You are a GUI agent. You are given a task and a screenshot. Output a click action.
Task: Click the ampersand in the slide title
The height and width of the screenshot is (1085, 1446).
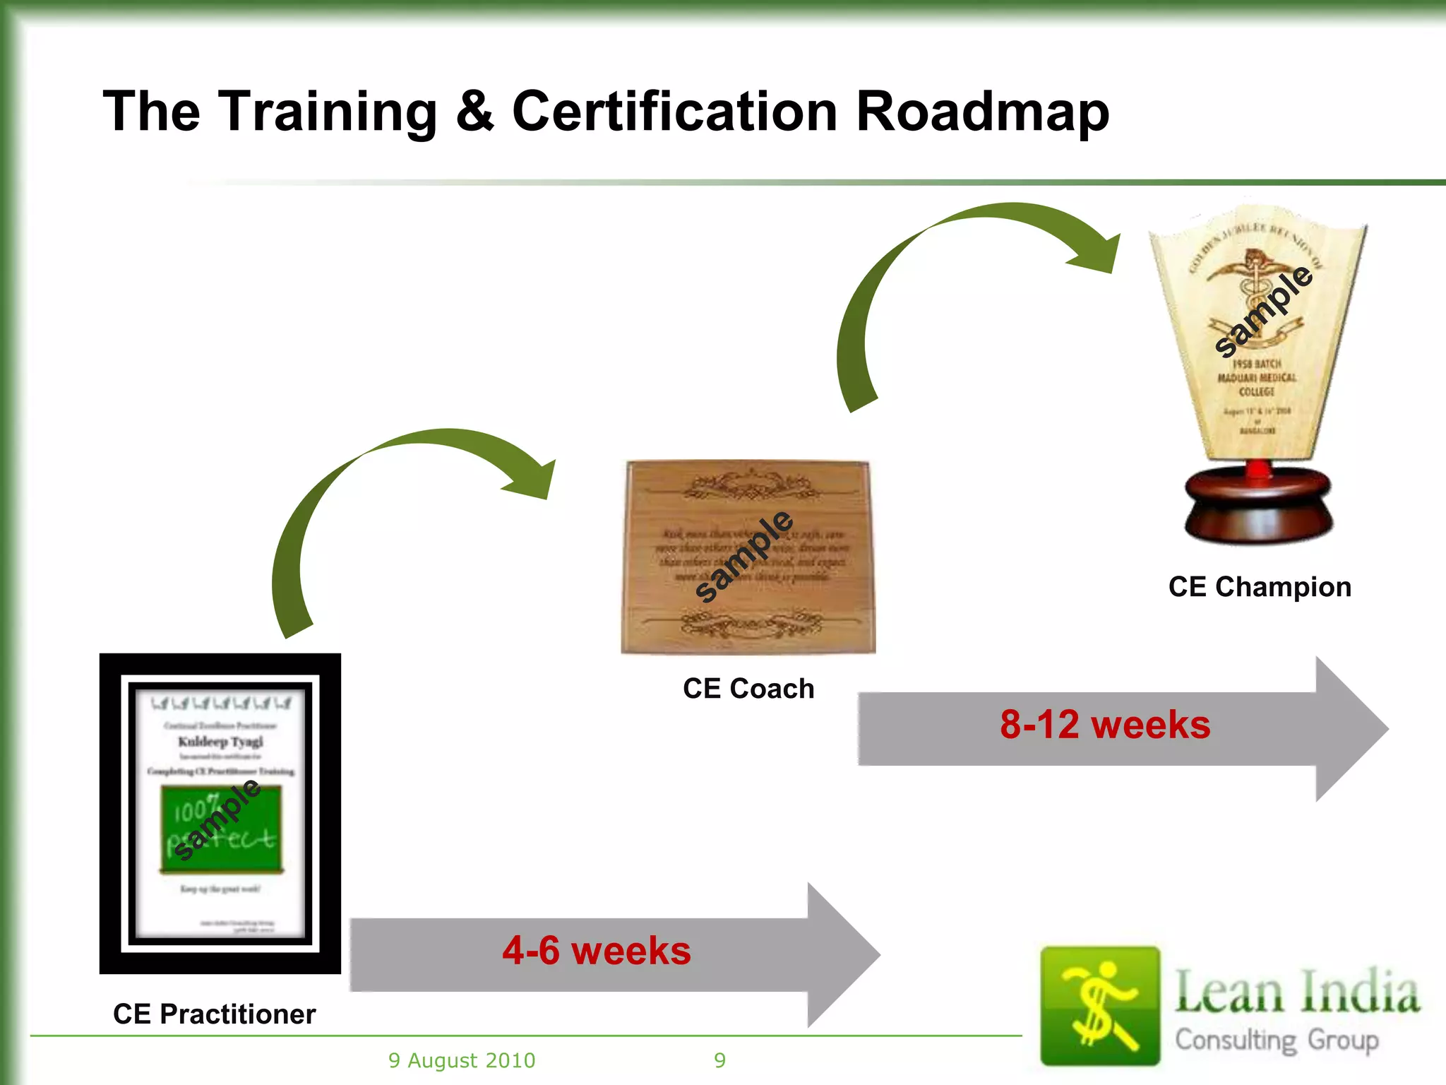click(x=474, y=112)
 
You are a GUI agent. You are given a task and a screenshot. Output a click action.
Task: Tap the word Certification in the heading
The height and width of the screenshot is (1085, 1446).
click(x=674, y=112)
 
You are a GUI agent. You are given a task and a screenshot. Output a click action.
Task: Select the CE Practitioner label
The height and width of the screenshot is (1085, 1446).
click(x=214, y=1014)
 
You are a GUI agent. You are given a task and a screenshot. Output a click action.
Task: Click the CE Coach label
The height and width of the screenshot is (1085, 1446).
click(x=748, y=688)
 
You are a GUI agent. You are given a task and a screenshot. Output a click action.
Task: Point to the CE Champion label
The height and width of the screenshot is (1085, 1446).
click(x=1260, y=586)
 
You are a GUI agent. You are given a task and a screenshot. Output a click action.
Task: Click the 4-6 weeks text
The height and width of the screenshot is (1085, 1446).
click(x=597, y=950)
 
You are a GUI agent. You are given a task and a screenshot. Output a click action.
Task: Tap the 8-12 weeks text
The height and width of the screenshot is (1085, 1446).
click(x=1105, y=725)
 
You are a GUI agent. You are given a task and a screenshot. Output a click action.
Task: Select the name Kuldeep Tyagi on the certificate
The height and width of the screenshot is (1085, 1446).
click(x=220, y=741)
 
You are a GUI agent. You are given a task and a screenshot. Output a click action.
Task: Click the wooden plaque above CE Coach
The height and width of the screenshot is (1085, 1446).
click(x=748, y=558)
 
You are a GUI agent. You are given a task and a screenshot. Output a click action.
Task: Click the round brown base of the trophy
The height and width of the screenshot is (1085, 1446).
click(x=1258, y=505)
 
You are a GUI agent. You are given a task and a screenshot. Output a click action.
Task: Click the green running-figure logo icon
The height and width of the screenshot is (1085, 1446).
click(x=1099, y=1005)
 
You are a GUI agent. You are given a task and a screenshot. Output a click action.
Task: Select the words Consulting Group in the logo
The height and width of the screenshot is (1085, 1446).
click(x=1277, y=1040)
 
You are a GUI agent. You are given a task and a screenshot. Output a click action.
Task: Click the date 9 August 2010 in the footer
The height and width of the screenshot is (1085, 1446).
click(x=462, y=1060)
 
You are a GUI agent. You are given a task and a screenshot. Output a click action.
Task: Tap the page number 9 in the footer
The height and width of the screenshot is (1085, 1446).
click(x=719, y=1060)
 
